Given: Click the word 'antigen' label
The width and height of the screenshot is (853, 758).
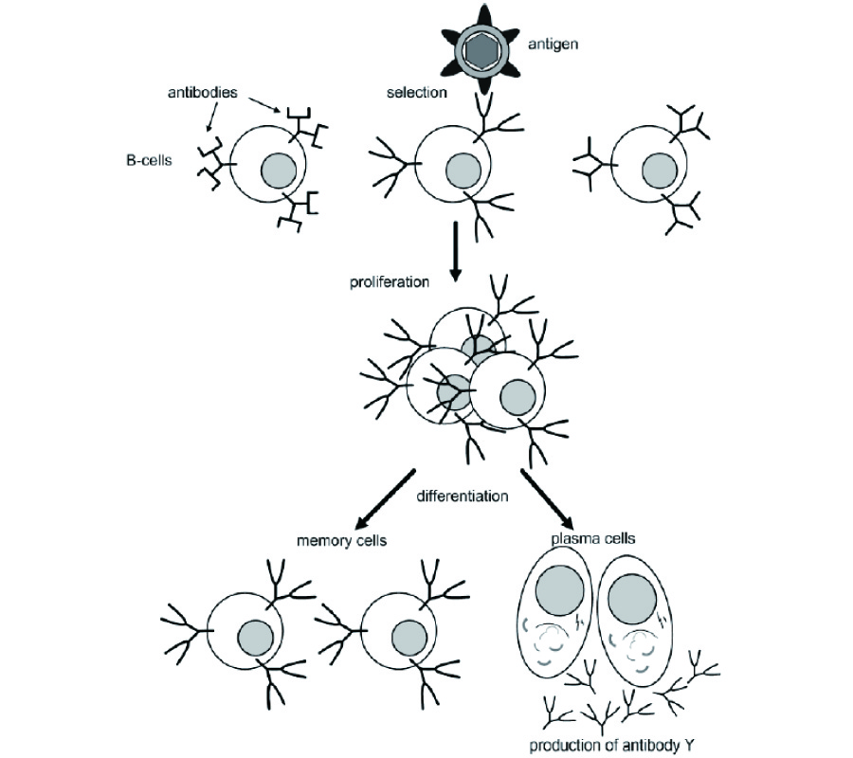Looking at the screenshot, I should pos(555,44).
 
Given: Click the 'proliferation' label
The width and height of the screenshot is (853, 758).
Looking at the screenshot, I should pos(390,282).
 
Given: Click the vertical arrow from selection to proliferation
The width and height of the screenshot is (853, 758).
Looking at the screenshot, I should pos(456,250).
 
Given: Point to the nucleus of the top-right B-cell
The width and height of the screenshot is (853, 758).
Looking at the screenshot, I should pos(659,172).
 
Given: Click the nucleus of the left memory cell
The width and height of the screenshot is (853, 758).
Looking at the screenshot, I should pos(256,635).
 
